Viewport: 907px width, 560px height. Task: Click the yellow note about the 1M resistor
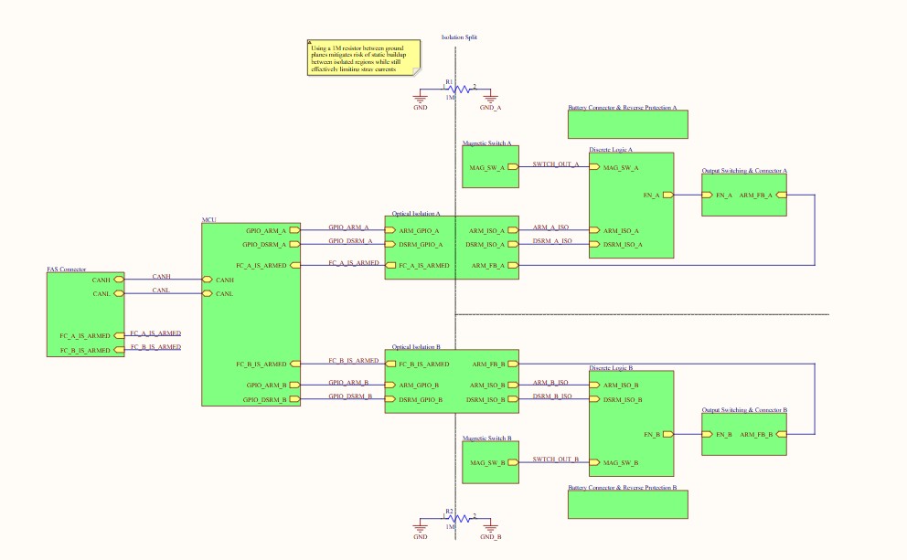(363, 58)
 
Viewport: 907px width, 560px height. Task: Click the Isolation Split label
(459, 37)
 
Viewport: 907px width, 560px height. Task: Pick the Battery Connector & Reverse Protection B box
(626, 504)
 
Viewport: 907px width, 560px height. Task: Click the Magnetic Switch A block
(490, 167)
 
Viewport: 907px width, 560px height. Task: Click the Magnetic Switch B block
(490, 462)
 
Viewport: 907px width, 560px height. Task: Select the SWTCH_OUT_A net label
(555, 164)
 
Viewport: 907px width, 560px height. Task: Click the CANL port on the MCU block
(208, 293)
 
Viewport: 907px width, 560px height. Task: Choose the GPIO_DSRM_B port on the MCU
(294, 399)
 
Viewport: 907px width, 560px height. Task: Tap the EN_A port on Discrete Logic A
(668, 195)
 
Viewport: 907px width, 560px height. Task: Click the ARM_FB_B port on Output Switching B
(780, 434)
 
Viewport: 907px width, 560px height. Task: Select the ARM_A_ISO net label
(551, 227)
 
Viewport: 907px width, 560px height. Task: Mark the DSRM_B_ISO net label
(552, 396)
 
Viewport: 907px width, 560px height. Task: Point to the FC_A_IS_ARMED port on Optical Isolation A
(390, 265)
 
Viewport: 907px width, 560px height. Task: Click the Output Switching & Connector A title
(744, 171)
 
